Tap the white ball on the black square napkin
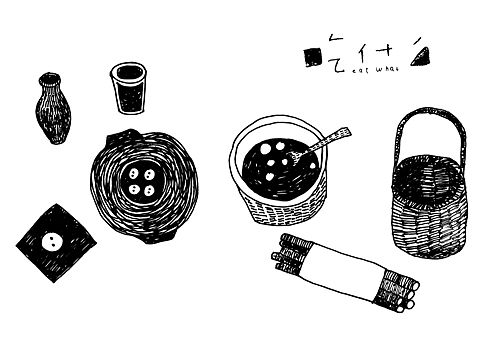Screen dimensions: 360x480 [x=51, y=239]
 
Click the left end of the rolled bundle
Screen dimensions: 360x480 [x=289, y=256]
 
